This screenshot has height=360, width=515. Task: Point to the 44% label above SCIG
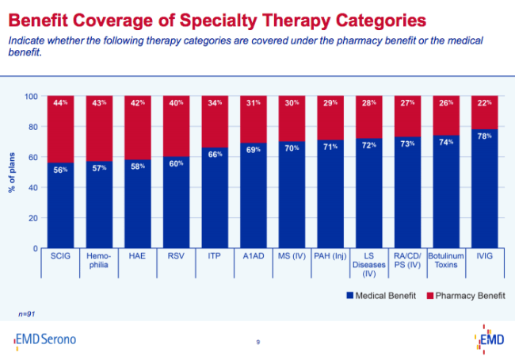coord(60,103)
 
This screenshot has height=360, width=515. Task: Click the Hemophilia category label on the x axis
coord(99,262)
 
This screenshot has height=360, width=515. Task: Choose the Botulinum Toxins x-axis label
coord(446,262)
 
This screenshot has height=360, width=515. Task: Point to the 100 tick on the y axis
coord(32,97)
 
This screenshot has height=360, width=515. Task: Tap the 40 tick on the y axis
coord(33,188)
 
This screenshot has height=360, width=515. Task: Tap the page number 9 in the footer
coord(258,342)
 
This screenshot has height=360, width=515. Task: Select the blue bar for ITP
coord(215,198)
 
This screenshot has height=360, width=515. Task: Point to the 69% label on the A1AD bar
coord(253,148)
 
